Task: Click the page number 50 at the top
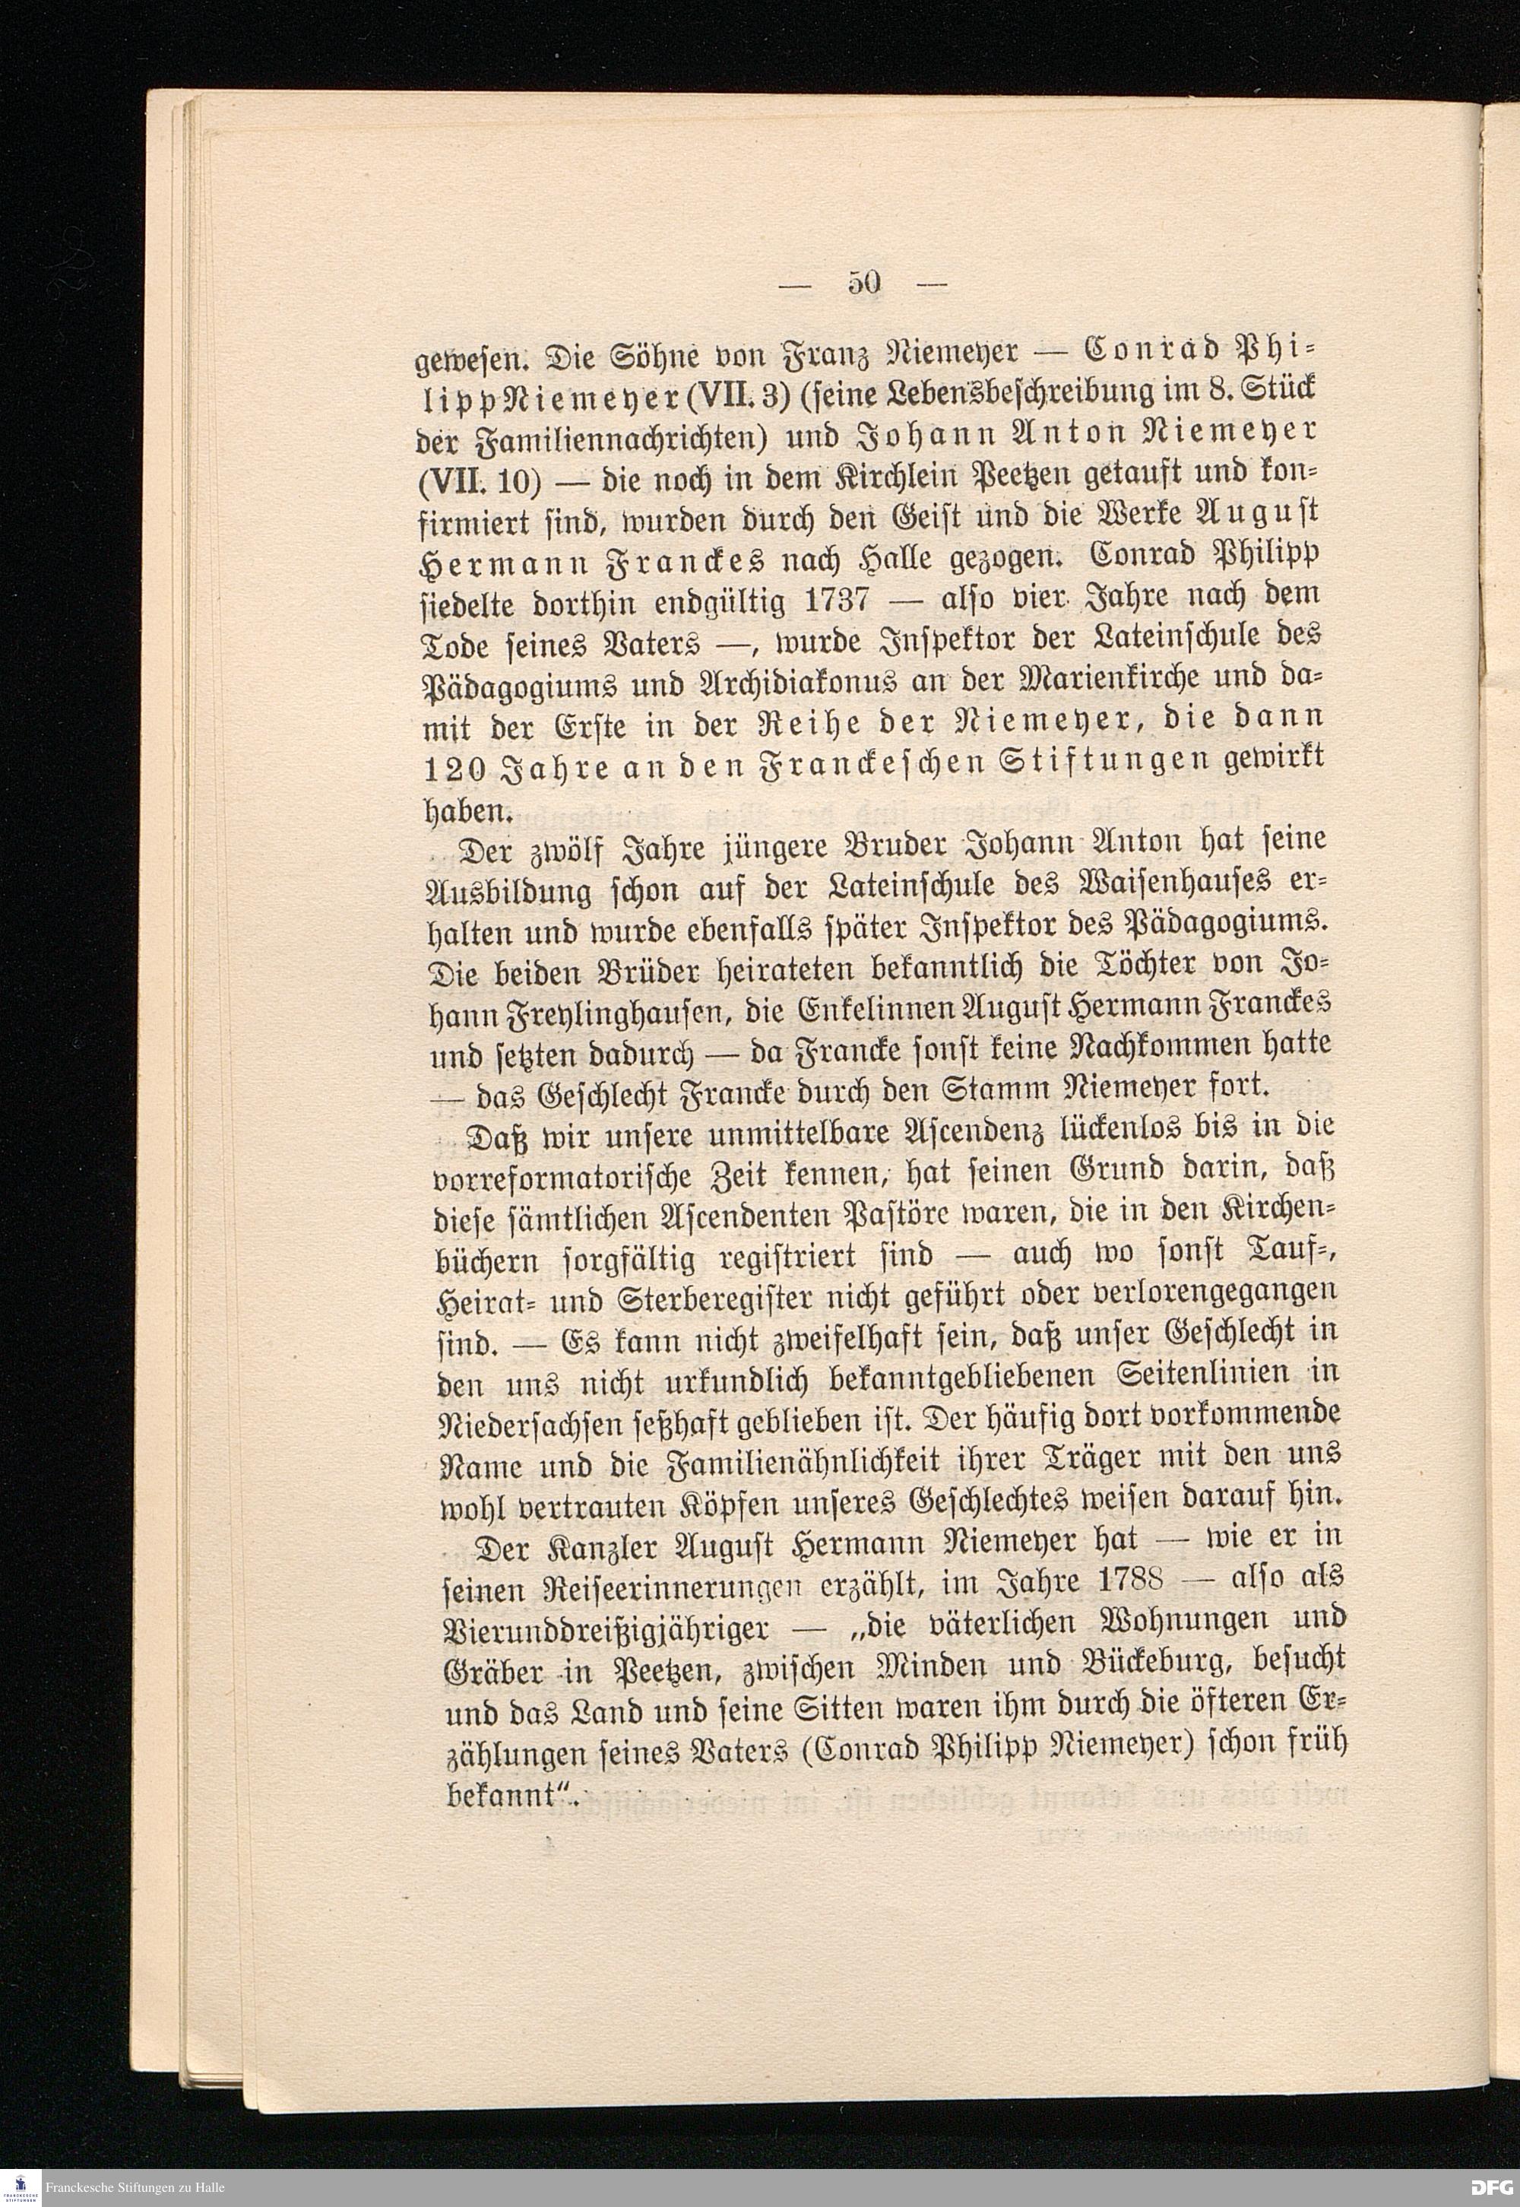pos(865,283)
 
